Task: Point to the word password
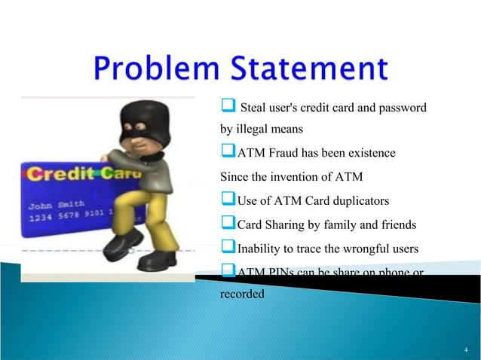click(x=403, y=108)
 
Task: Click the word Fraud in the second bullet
click(x=283, y=154)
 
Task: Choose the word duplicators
click(x=356, y=201)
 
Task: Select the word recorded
click(x=242, y=294)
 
